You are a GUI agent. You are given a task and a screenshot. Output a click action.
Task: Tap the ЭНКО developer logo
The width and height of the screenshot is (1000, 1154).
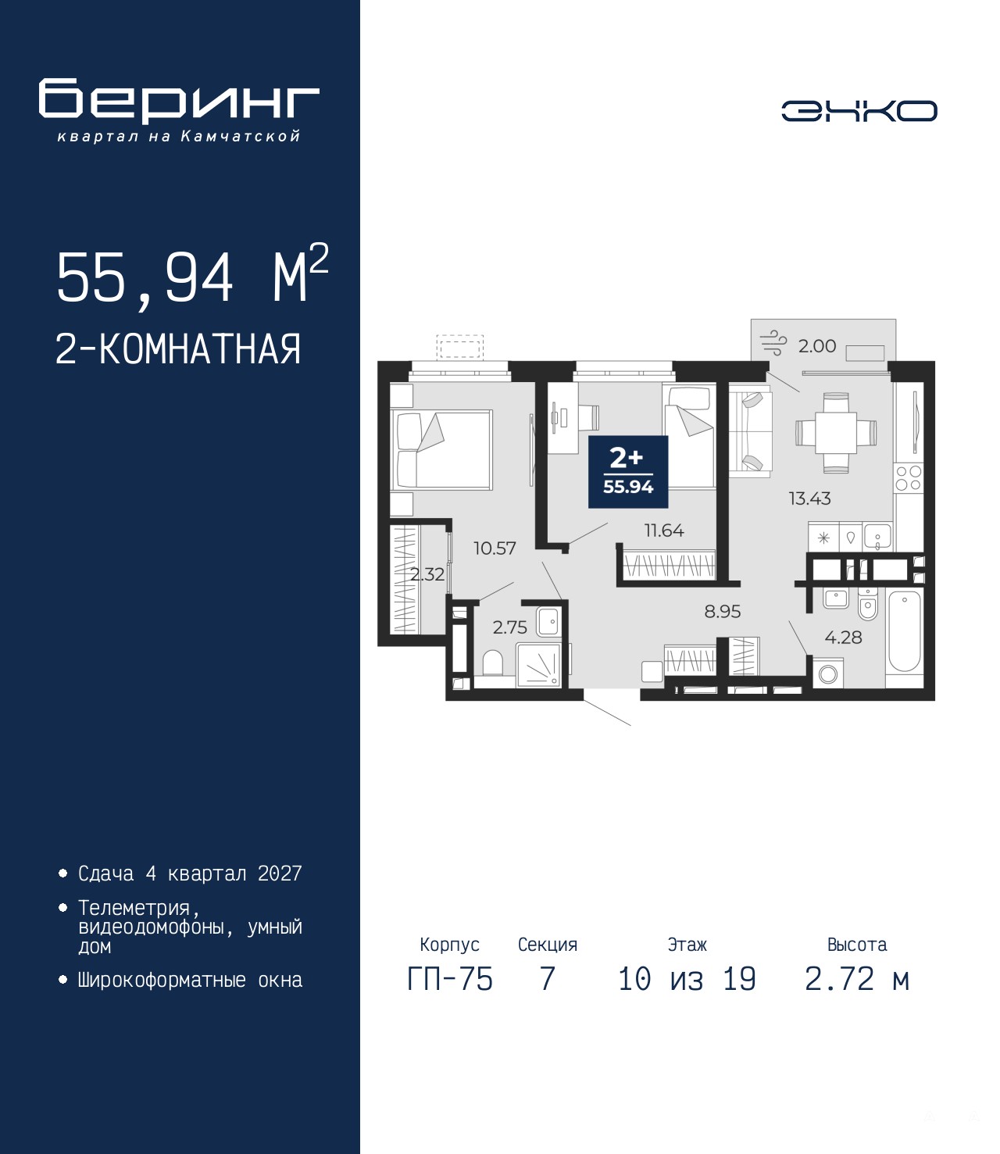[859, 111]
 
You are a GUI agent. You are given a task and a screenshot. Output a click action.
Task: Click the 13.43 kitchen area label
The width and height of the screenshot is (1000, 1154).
[809, 498]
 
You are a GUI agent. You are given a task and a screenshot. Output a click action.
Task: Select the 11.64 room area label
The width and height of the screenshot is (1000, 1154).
[664, 530]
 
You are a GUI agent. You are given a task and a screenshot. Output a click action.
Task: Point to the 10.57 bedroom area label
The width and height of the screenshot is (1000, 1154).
[495, 548]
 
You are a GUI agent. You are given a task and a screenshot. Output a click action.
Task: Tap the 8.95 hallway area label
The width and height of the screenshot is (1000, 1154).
[723, 611]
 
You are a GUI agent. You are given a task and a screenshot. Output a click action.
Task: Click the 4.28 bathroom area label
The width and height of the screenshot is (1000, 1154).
[843, 637]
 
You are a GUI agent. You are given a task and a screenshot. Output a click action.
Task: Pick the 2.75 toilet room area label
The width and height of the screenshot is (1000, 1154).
[510, 627]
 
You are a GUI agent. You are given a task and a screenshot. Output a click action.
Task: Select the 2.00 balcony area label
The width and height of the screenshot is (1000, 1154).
[817, 346]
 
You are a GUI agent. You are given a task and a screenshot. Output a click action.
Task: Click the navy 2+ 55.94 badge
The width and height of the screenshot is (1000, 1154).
[628, 472]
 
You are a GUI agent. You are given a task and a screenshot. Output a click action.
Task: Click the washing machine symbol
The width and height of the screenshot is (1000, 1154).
[827, 673]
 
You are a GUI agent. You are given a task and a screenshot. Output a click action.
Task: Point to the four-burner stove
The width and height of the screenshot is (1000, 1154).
[908, 478]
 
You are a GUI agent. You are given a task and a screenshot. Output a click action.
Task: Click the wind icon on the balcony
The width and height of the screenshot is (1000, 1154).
[774, 342]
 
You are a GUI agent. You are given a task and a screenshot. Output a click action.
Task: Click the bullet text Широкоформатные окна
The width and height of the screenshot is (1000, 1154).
[190, 980]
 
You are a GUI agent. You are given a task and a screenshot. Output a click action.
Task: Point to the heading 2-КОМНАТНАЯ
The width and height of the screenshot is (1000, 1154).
[178, 349]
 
